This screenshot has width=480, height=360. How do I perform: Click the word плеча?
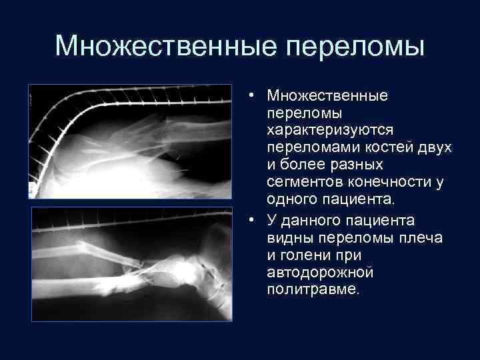pyautogui.click(x=420, y=237)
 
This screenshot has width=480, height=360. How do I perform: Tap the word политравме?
pyautogui.click(x=312, y=291)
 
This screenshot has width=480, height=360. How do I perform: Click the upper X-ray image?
pyautogui.click(x=131, y=141)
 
